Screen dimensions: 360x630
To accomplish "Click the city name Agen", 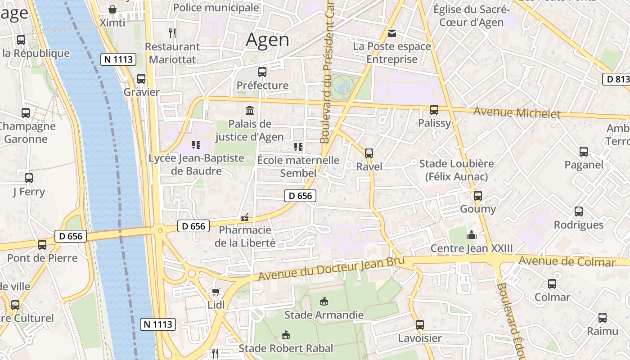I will click(268, 40).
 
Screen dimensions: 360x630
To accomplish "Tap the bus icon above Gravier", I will click(141, 79).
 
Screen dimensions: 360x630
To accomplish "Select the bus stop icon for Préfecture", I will click(262, 72).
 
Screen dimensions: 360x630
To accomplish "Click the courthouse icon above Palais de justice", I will click(249, 110).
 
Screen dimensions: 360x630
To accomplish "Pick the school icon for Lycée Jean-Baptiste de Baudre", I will click(196, 145).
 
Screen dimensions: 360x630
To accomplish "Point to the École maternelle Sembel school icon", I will click(298, 147).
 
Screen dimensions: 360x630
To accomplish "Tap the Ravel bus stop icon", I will click(369, 153).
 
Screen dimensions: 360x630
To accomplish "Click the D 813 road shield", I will click(616, 79).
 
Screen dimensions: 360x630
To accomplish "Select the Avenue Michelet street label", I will click(517, 112).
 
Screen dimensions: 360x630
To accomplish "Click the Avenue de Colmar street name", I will click(567, 261).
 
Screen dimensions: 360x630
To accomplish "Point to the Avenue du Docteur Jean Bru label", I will click(332, 269).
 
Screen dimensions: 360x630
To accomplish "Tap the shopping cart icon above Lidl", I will click(216, 292).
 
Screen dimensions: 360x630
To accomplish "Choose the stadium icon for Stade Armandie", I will click(324, 301).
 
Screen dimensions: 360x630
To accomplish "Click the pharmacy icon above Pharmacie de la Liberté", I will click(245, 217).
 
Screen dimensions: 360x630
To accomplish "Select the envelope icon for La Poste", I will click(392, 33).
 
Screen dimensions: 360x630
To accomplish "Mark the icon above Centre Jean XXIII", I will click(472, 235).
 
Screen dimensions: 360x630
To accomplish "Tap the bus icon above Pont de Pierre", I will click(42, 245).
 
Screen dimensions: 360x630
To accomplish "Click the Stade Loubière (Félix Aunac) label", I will click(456, 170).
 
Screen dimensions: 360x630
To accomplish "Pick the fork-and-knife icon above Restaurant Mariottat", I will click(172, 33).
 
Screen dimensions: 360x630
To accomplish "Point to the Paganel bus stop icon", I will click(584, 152).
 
